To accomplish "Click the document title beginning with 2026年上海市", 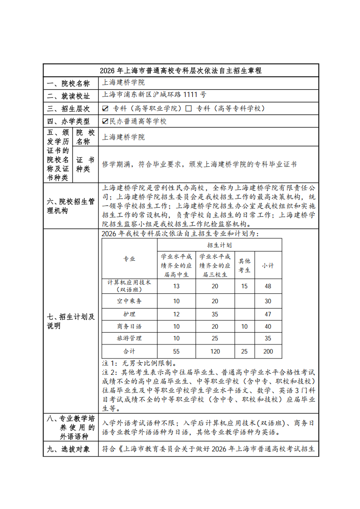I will pyautogui.click(x=180, y=71).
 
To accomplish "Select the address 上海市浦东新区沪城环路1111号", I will pyautogui.click(x=154, y=95).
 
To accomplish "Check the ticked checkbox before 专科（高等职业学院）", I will pyautogui.click(x=105, y=109).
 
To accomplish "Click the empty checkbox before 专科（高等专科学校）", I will pyautogui.click(x=189, y=109).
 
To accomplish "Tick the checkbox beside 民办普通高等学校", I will pyautogui.click(x=105, y=121).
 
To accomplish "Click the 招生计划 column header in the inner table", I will pyautogui.click(x=219, y=245).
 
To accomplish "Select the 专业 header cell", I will pyautogui.click(x=129, y=259).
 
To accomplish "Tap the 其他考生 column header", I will pyautogui.click(x=244, y=265).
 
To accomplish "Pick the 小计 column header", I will pyautogui.click(x=268, y=265).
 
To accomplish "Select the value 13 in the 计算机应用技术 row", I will pyautogui.click(x=176, y=286).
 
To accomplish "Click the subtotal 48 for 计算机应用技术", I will pyautogui.click(x=268, y=286).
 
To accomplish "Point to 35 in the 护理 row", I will pyautogui.click(x=215, y=314).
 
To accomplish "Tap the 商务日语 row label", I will pyautogui.click(x=129, y=326).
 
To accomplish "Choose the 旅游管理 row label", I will pyautogui.click(x=129, y=339).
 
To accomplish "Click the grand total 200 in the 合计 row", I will pyautogui.click(x=268, y=351).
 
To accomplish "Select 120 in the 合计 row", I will pyautogui.click(x=215, y=351).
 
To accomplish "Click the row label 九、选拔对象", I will pyautogui.click(x=70, y=449).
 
